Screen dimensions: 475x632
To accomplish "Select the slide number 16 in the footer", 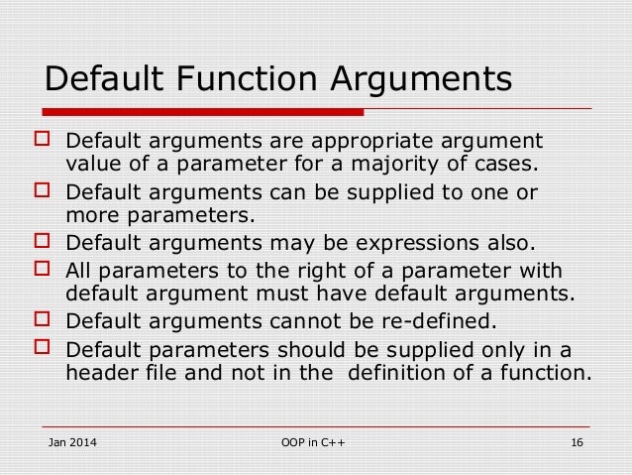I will pos(576,441).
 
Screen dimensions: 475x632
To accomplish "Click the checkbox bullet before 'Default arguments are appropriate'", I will pos(41,140).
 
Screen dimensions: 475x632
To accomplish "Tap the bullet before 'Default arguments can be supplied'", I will pos(41,191).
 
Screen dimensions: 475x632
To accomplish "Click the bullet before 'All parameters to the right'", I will pos(41,269).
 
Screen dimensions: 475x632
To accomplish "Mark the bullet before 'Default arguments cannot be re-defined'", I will pos(41,320).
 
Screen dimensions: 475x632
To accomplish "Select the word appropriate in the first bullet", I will pos(337,139).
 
